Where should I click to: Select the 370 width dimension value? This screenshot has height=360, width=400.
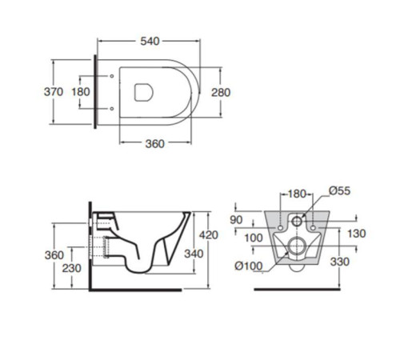54,91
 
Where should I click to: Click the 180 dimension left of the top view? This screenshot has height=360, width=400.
81,91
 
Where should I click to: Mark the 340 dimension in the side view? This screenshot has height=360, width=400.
194,254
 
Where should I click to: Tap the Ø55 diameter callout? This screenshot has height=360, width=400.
338,193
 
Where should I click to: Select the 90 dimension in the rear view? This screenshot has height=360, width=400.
237,219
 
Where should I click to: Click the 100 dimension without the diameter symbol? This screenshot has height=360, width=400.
254,238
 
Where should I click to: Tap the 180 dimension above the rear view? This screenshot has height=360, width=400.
297,193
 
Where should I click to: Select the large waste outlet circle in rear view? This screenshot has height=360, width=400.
296,247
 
